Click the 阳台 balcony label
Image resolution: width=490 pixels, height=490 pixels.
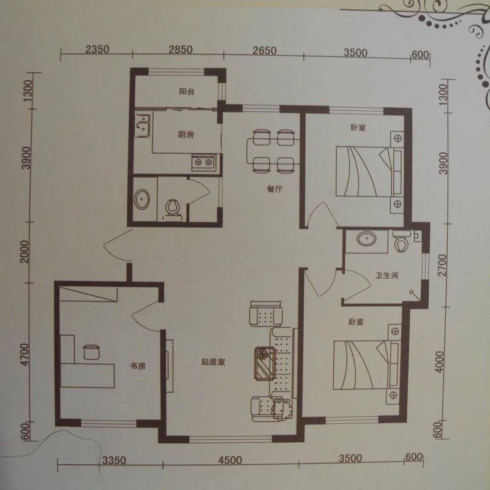[187, 91]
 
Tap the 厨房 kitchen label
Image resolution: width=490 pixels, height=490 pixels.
[186, 135]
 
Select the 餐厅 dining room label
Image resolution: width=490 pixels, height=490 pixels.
[275, 189]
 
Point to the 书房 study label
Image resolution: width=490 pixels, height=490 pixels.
[138, 366]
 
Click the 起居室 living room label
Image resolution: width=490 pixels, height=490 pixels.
[213, 362]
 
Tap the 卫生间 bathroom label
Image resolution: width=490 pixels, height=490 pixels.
[387, 276]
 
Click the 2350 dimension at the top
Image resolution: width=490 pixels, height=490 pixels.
[97, 50]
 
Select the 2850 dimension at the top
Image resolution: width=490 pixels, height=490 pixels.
[181, 50]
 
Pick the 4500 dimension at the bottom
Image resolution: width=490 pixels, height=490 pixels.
[230, 460]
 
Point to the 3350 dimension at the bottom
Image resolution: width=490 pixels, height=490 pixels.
[115, 461]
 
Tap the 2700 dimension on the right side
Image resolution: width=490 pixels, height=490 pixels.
[443, 265]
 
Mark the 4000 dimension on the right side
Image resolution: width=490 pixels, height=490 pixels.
[439, 361]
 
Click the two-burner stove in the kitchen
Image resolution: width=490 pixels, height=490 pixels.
[203, 162]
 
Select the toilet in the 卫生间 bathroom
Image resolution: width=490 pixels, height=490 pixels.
[401, 241]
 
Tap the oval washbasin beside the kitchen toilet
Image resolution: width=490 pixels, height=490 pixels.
[142, 199]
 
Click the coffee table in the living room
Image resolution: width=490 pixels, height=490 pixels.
[265, 363]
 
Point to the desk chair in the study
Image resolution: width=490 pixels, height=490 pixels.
[91, 352]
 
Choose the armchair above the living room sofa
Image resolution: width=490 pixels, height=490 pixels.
[266, 314]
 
